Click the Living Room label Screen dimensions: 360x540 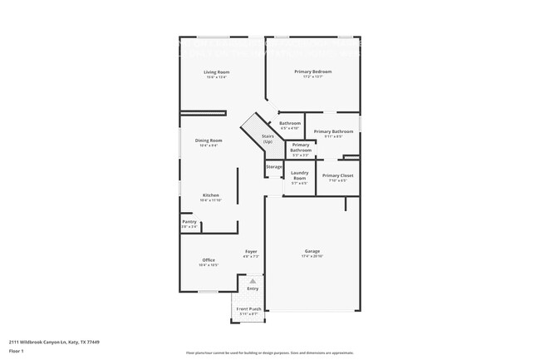click(217, 72)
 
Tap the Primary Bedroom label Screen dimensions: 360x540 click(313, 72)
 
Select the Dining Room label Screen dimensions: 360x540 click(209, 141)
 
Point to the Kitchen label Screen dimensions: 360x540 click(211, 195)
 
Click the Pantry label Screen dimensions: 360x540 click(189, 221)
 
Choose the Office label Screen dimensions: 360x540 click(209, 260)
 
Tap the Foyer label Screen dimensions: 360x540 click(251, 251)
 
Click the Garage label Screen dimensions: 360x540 click(312, 251)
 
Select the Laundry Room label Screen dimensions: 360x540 click(300, 175)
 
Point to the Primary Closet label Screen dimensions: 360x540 click(338, 175)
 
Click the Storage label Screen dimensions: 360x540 click(274, 167)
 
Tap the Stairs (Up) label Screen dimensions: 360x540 click(268, 139)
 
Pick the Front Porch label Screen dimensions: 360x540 click(249, 308)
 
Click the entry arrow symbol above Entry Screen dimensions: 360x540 click(253, 281)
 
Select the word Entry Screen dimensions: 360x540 click(253, 288)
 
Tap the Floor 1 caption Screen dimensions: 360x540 click(16, 352)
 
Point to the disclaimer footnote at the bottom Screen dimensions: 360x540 click(270, 353)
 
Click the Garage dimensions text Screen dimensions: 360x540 click(312, 256)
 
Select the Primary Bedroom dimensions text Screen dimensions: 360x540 click(313, 76)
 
